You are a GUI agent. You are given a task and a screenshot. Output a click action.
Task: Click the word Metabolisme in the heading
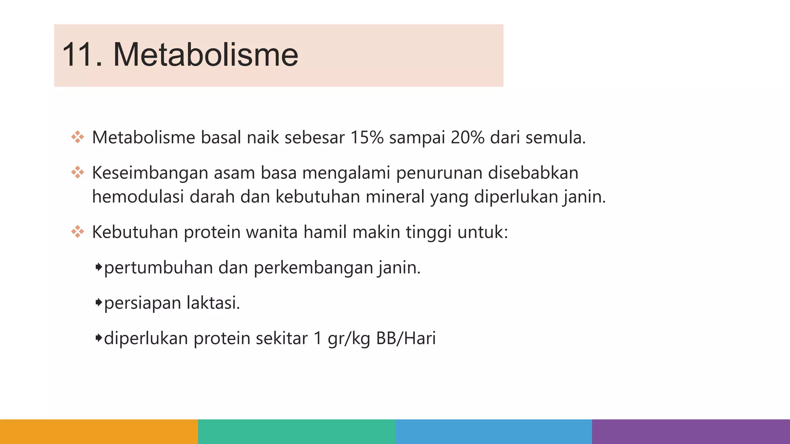[205, 55]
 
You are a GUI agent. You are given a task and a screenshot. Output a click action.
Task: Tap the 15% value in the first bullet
[367, 138]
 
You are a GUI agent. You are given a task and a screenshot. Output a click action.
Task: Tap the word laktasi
[213, 303]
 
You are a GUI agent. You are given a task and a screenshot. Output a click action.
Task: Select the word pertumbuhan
[158, 267]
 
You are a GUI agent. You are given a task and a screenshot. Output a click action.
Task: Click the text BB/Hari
[406, 338]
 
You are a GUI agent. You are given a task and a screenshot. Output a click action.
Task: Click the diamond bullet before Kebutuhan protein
[78, 232]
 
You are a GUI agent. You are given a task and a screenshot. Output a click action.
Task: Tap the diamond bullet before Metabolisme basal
[78, 137]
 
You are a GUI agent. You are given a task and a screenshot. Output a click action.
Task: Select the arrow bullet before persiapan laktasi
[99, 302]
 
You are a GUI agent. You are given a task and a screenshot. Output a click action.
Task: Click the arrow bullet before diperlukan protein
[99, 338]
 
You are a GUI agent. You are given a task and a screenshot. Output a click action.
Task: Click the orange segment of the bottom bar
[99, 432]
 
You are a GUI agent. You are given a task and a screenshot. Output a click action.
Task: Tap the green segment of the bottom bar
[297, 432]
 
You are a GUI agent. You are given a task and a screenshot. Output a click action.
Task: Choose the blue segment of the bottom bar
[494, 432]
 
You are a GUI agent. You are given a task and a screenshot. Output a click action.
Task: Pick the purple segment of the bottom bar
[691, 432]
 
